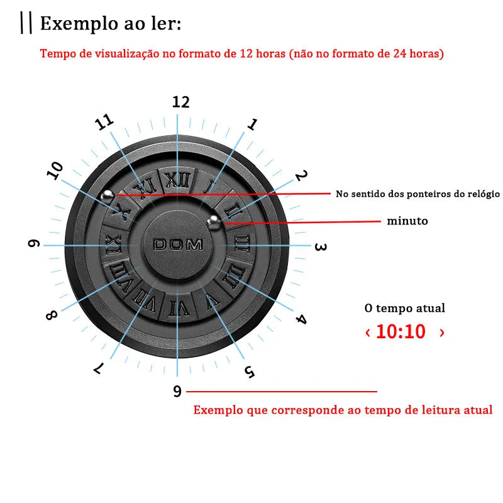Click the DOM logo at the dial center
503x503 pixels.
coord(178,245)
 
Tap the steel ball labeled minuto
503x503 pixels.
coord(214,221)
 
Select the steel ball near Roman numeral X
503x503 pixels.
coord(109,196)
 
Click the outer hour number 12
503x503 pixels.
coord(181,102)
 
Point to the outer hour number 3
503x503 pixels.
coord(320,247)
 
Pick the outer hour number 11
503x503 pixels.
coord(105,123)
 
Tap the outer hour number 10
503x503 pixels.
coord(55,171)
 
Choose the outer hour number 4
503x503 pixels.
coord(301,319)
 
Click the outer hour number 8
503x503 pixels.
coord(51,315)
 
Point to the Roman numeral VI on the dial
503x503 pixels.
coord(178,307)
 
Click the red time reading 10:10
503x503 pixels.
coord(401,331)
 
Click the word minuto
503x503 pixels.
coord(407,221)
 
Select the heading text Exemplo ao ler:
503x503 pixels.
coord(111,24)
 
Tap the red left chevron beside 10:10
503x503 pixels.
coord(368,332)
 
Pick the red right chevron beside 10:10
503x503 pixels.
coord(442,332)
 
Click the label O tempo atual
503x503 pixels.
coord(405,308)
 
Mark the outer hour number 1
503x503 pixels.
coord(252,124)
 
